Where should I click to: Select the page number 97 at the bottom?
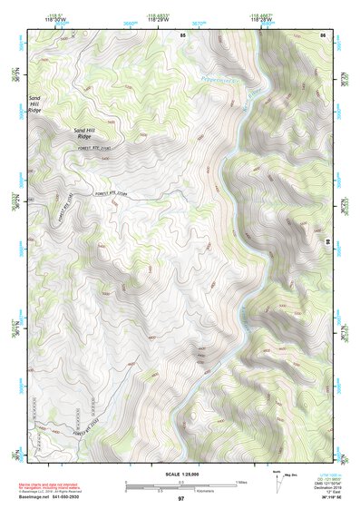180,499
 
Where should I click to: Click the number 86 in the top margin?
323,34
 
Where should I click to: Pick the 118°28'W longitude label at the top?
263,19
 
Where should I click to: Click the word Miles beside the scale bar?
241,482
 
